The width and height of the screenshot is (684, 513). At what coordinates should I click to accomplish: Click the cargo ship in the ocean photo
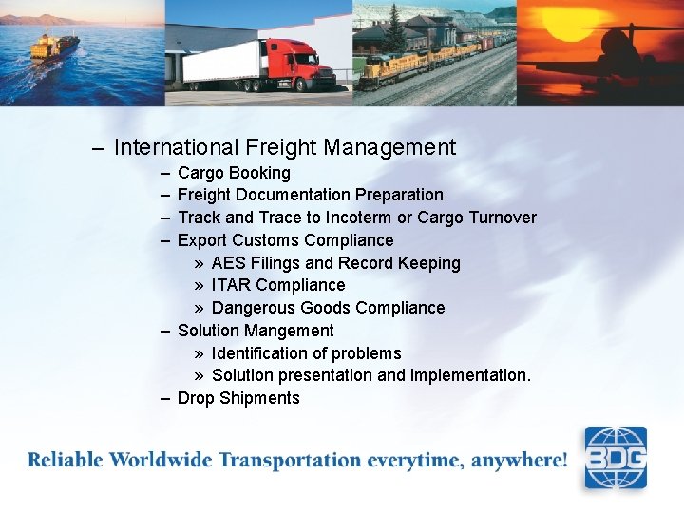pyautogui.click(x=55, y=46)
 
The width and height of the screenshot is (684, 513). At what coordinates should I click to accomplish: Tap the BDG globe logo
pyautogui.click(x=615, y=458)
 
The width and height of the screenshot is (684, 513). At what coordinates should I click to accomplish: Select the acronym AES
pyautogui.click(x=228, y=263)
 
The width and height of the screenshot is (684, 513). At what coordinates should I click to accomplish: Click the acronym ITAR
pyautogui.click(x=231, y=285)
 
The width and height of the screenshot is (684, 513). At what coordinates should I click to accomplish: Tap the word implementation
pyautogui.click(x=470, y=375)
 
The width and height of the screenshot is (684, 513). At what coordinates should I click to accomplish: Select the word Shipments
pyautogui.click(x=259, y=398)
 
